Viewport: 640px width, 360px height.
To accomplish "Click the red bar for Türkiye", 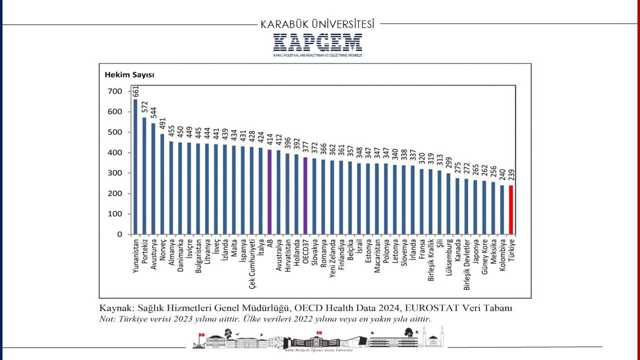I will click(511, 209).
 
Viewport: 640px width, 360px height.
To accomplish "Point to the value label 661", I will click(135, 91).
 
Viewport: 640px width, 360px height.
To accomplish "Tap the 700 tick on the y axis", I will click(115, 91).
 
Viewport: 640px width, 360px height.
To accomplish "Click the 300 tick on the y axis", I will click(115, 173).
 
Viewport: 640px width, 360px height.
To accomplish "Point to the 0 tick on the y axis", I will click(119, 234).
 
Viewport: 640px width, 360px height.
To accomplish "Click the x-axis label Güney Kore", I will click(484, 257).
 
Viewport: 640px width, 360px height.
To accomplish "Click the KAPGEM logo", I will click(317, 43).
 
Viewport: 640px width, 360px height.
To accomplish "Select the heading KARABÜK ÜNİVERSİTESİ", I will click(317, 24).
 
